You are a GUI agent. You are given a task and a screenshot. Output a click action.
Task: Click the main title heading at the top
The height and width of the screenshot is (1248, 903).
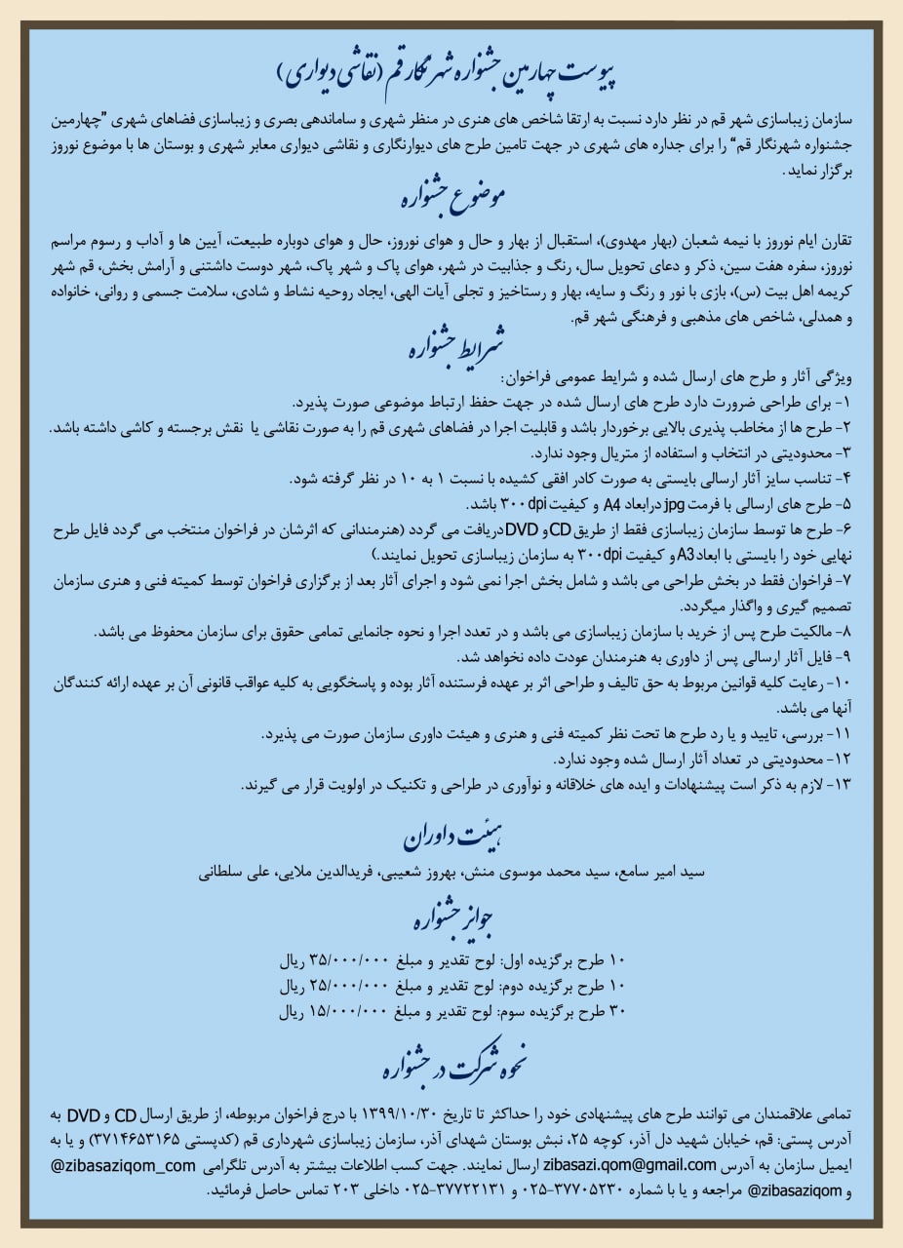(x=451, y=71)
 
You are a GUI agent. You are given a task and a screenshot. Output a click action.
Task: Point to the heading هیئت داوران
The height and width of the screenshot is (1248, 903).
(x=451, y=836)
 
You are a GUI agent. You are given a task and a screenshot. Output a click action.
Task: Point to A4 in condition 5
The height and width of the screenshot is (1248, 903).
(x=613, y=505)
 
